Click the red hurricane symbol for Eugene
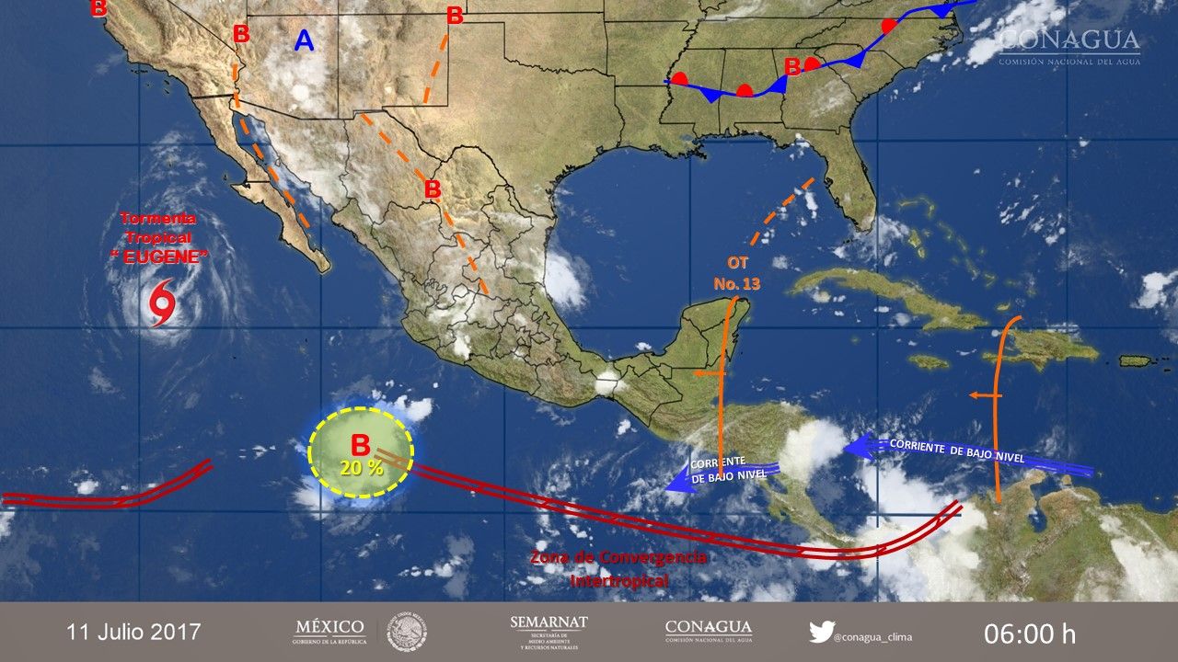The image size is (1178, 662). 162,304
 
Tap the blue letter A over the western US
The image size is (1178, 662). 304,40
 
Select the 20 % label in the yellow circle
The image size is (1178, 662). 361,467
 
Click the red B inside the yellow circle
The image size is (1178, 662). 361,445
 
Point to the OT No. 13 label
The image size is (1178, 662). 737,273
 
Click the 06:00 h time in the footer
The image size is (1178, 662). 1029,633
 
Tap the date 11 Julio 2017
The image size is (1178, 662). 133,633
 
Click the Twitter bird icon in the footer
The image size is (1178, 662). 821,633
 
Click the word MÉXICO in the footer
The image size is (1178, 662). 329,626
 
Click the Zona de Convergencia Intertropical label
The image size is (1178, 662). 618,569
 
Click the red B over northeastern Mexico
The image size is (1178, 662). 432,189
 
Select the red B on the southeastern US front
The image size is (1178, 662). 791,66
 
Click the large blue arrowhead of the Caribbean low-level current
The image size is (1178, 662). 858,446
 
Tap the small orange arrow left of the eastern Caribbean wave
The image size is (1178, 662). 980,395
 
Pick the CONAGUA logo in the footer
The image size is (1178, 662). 709,631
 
